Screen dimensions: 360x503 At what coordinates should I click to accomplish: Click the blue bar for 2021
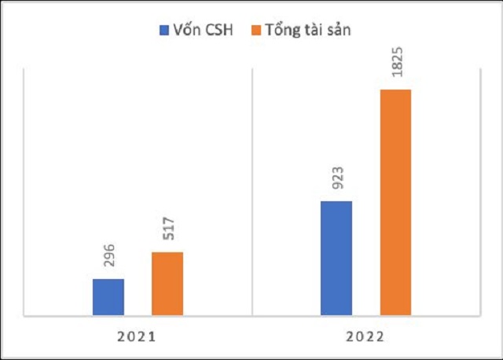coord(108,298)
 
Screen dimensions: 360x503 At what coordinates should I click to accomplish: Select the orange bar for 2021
coord(167,285)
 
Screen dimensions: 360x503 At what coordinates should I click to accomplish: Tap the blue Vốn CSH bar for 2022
coord(336,259)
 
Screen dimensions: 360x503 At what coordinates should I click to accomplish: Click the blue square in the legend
coord(163,31)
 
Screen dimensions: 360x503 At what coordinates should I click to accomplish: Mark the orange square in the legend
coord(251,31)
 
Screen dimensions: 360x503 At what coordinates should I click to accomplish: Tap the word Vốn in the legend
coord(186,31)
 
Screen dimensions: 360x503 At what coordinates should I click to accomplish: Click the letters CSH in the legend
coord(219,31)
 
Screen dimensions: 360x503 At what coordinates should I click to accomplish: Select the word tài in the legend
coord(310,31)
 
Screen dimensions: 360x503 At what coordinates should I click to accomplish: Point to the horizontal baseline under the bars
coord(251,318)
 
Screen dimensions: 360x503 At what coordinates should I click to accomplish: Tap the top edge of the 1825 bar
coord(395,90)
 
